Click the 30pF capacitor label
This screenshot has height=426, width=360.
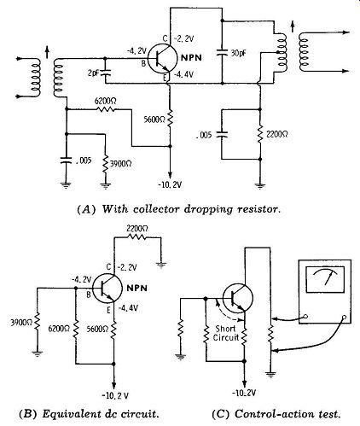(238, 53)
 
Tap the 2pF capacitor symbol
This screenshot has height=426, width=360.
(105, 72)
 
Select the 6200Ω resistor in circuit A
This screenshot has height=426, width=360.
(106, 109)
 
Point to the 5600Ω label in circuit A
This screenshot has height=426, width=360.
(154, 120)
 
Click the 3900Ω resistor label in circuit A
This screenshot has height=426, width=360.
(121, 164)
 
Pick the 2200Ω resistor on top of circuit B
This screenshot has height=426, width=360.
(136, 236)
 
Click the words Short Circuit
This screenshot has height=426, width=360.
(226, 333)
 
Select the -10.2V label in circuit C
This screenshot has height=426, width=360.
(244, 394)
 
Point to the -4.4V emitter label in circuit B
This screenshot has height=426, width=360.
(128, 308)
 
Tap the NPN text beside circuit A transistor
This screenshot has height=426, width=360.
(191, 58)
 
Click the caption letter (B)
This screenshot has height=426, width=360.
(28, 413)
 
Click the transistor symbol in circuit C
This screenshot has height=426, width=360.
(238, 298)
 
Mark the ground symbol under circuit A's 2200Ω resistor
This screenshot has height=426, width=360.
(260, 186)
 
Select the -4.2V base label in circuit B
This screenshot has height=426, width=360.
(81, 279)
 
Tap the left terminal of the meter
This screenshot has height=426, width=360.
(305, 316)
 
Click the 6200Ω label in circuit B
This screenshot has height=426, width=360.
(59, 329)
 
